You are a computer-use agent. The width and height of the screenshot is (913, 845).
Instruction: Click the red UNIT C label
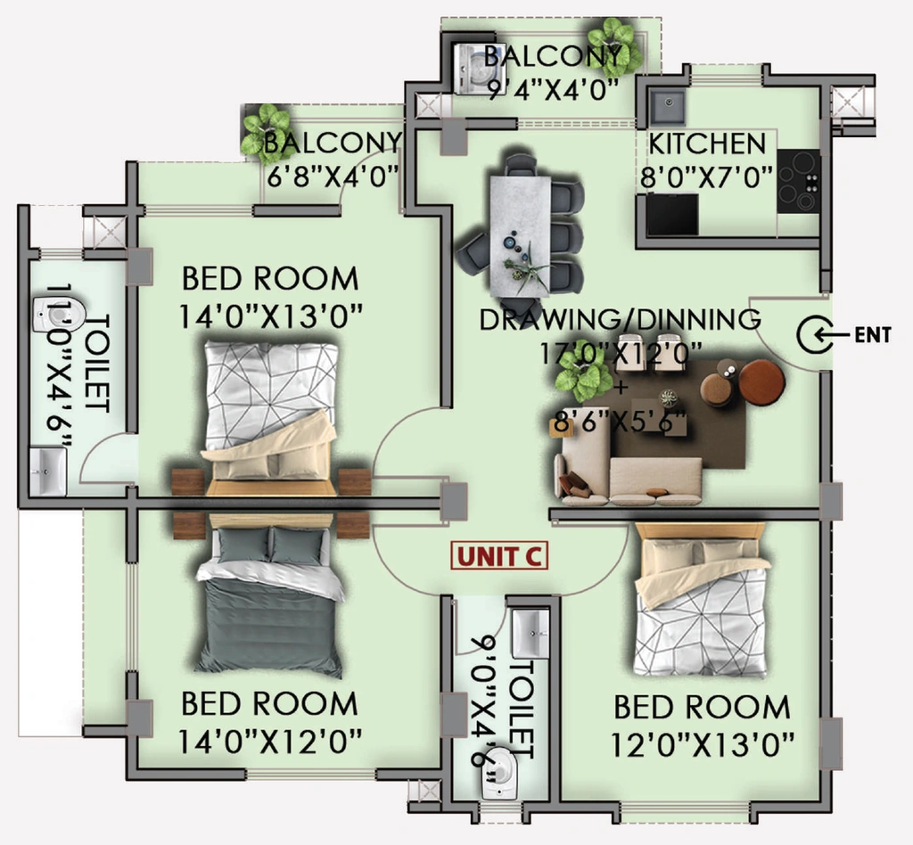pyautogui.click(x=499, y=556)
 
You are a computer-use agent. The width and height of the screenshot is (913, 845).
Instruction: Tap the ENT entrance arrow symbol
pyautogui.click(x=815, y=334)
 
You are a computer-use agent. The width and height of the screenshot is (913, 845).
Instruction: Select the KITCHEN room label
pyautogui.click(x=707, y=144)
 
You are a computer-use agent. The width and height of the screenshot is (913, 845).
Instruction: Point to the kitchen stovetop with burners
pyautogui.click(x=798, y=181)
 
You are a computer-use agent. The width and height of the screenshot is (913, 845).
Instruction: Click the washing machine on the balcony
pyautogui.click(x=473, y=69)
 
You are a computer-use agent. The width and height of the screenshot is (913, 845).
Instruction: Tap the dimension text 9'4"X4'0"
pyautogui.click(x=553, y=91)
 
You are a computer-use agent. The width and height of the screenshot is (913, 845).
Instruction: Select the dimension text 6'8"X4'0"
pyautogui.click(x=333, y=176)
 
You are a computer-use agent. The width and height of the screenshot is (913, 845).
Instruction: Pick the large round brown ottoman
pyautogui.click(x=761, y=381)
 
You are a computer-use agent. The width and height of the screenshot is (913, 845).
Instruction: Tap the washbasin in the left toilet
pyautogui.click(x=48, y=471)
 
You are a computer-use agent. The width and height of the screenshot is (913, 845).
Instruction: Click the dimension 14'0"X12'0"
pyautogui.click(x=269, y=742)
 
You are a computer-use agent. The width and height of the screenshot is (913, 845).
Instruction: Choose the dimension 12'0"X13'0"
pyautogui.click(x=703, y=744)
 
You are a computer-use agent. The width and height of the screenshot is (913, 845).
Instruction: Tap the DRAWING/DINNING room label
pyautogui.click(x=621, y=319)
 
